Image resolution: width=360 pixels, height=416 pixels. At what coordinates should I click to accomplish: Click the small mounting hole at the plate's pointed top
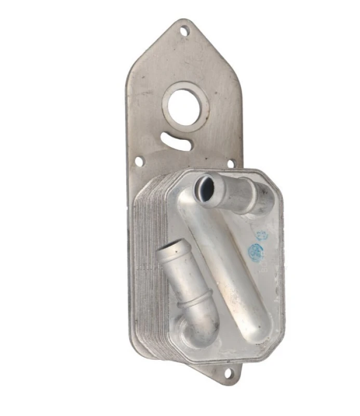pyautogui.click(x=185, y=31)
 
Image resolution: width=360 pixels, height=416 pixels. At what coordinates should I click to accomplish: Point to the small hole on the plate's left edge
pyautogui.click(x=139, y=162)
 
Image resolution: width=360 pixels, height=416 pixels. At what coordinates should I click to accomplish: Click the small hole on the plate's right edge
pyautogui.click(x=231, y=163)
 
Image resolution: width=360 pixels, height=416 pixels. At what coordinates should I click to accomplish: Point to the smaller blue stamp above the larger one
pyautogui.click(x=261, y=235)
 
